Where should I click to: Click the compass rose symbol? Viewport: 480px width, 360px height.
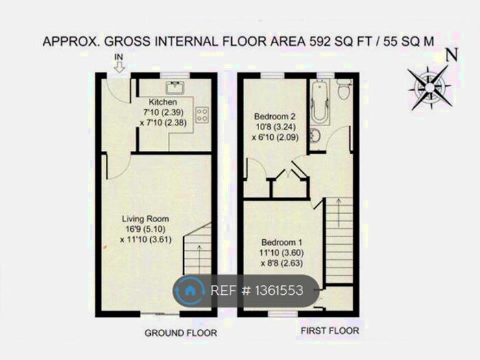point(429,88)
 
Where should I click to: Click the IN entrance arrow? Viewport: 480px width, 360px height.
point(119,65)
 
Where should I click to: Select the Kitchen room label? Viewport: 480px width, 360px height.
point(172,102)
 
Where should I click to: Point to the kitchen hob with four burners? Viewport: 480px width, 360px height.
point(202,114)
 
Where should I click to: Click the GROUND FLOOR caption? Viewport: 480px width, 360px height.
point(180,333)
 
